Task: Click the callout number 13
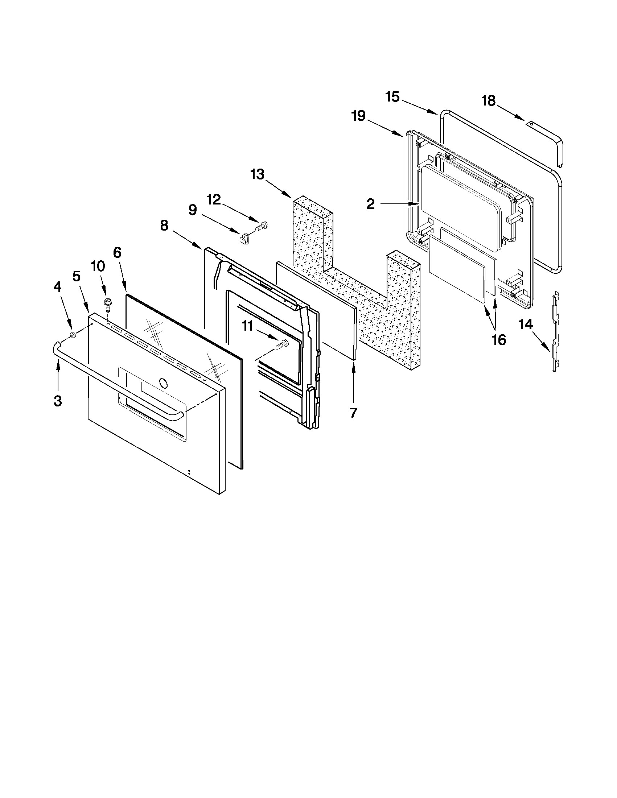[257, 175]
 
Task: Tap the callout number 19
[358, 116]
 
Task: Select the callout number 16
[499, 340]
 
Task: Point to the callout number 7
[353, 413]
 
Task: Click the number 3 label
[57, 401]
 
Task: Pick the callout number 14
[526, 324]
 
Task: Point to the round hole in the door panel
[163, 383]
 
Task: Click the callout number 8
[164, 226]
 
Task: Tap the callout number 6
[117, 253]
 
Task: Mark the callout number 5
[76, 277]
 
